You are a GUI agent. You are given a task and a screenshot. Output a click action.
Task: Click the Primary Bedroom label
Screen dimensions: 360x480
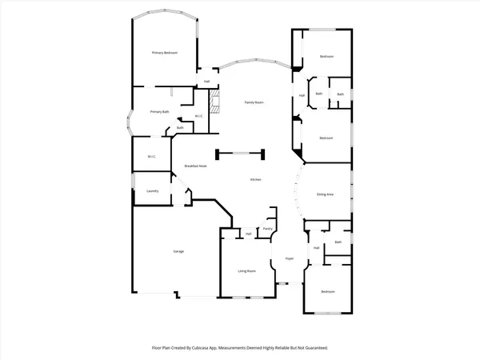point(165,53)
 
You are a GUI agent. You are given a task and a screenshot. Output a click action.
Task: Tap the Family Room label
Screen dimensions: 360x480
point(254,103)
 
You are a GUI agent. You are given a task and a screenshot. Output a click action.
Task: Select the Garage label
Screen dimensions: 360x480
point(178,251)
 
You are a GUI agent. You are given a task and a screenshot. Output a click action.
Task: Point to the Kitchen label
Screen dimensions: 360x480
point(256,180)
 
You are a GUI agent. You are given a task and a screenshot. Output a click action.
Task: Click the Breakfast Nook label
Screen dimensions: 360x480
point(196,166)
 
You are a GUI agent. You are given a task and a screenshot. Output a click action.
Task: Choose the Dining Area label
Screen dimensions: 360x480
point(325,194)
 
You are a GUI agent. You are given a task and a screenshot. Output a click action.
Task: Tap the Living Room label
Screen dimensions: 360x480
point(246,271)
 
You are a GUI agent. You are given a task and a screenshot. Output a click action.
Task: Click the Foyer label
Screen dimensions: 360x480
point(290,259)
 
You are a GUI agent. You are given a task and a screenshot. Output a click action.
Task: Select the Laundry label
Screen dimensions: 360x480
point(152,190)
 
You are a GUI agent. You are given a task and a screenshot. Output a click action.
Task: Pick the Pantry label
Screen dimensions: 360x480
point(267,229)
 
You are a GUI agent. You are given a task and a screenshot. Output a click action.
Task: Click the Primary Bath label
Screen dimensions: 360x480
point(160,112)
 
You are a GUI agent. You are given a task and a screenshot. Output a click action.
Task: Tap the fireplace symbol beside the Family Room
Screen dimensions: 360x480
point(213,103)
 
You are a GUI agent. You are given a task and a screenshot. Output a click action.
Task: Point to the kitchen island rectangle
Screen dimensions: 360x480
point(238,152)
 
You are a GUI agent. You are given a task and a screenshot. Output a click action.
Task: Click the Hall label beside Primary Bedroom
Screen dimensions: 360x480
point(206,82)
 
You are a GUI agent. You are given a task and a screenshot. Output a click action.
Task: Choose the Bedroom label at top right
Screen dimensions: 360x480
point(326,57)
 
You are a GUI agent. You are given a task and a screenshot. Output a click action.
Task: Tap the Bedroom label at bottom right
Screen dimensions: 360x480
point(328,292)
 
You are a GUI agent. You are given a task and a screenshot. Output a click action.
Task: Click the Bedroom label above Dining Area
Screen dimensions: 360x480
point(326,138)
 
